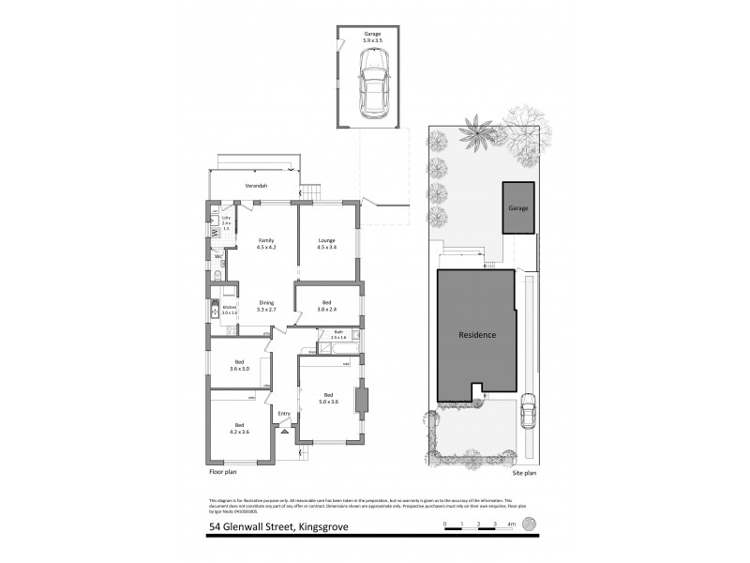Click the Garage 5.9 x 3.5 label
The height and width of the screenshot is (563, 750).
point(373,38)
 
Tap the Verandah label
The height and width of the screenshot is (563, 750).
point(255,186)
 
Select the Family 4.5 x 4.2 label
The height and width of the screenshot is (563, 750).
point(266,244)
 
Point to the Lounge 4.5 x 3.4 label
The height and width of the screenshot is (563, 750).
point(325,244)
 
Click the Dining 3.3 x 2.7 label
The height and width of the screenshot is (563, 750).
point(266,305)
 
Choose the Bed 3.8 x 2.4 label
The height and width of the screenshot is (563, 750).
point(326,305)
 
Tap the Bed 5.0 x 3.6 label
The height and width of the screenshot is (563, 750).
point(328,397)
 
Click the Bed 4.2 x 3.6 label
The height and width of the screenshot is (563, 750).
point(239,429)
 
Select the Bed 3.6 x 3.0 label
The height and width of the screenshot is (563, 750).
point(240,365)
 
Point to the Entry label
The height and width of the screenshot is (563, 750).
point(284,414)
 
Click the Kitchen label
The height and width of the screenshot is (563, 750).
point(229,309)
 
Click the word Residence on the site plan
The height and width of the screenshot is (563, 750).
point(476,335)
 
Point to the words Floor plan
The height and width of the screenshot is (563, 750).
point(222,474)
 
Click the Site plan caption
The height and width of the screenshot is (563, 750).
point(524,474)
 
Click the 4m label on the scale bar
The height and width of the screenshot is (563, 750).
point(512,522)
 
